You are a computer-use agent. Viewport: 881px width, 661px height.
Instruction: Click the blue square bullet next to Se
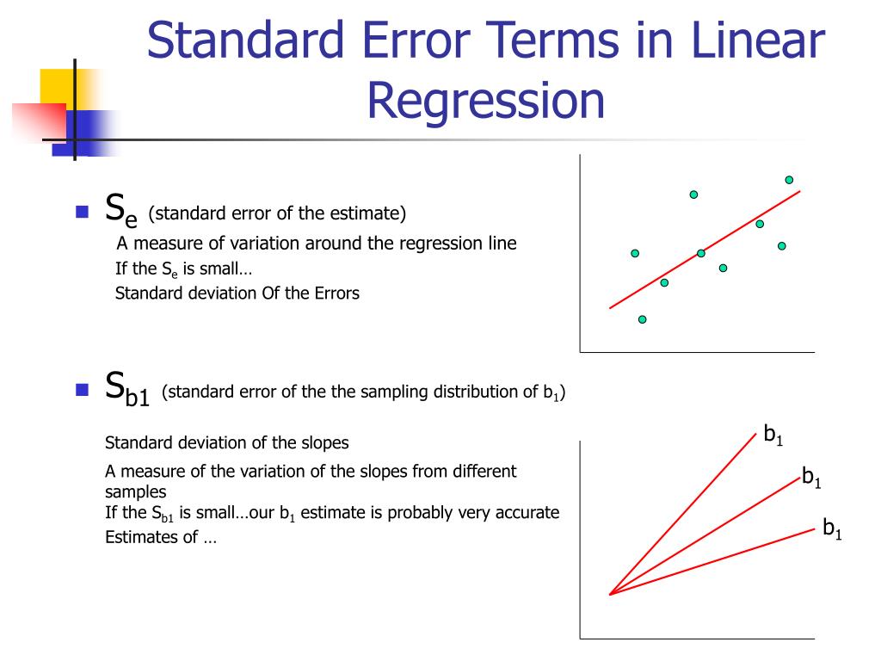pos(83,212)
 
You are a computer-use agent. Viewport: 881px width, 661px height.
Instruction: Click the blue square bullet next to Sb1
pos(83,390)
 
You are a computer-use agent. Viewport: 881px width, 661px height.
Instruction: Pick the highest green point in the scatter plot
pos(789,180)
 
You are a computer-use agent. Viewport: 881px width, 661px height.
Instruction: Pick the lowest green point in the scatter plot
pos(642,319)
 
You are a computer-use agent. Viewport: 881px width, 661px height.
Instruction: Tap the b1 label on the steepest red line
pos(773,435)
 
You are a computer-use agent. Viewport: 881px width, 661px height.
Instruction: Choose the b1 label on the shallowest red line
pos(832,528)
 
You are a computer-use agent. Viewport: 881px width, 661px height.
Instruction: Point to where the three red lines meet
pos(610,594)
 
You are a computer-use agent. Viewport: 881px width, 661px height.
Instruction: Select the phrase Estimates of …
pos(161,538)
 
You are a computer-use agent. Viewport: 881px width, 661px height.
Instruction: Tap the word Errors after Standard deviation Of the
pos(336,293)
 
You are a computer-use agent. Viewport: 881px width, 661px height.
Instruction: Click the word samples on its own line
pos(135,492)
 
